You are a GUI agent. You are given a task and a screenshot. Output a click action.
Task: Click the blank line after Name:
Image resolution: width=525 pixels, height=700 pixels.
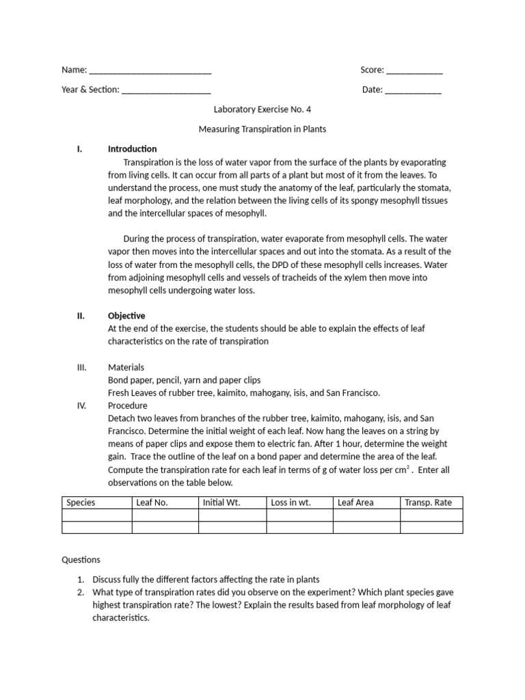click(150, 70)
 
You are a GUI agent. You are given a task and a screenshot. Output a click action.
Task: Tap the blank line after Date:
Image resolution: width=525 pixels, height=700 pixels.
click(413, 90)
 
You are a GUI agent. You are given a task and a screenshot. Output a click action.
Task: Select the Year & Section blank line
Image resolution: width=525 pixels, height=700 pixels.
click(166, 90)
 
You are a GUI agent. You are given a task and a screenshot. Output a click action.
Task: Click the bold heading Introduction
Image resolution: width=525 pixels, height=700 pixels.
click(132, 149)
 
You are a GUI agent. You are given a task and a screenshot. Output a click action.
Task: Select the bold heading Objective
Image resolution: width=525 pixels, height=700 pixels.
click(126, 316)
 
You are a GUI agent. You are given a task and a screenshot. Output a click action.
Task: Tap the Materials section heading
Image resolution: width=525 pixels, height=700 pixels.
click(126, 368)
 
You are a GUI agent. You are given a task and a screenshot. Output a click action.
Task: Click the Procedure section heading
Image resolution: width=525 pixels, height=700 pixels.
click(128, 405)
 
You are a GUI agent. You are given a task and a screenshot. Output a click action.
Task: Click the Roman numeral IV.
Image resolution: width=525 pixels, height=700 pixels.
click(81, 405)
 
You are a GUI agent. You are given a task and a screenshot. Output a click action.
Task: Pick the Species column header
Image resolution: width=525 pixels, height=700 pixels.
click(81, 502)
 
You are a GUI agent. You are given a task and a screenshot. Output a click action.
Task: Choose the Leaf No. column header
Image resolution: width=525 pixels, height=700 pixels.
click(152, 502)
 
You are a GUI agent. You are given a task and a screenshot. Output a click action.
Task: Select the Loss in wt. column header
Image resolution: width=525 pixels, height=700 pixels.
click(291, 502)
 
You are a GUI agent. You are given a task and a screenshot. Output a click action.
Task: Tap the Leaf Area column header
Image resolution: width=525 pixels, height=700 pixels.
click(355, 502)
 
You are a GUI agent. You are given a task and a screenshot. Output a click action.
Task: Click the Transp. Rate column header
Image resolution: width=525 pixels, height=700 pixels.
click(428, 502)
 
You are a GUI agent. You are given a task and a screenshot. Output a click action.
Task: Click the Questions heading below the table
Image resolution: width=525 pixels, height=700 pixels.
click(81, 559)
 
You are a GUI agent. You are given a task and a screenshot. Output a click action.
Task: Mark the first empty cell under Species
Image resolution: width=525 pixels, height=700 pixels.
click(96, 515)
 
